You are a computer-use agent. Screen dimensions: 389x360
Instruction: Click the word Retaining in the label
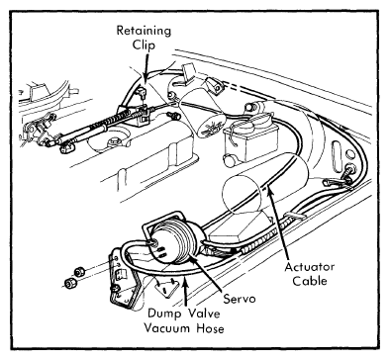(x=144, y=32)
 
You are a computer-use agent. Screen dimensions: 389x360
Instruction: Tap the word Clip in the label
(x=144, y=45)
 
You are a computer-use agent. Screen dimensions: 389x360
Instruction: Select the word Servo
(x=240, y=299)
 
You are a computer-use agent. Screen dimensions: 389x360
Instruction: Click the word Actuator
(x=310, y=267)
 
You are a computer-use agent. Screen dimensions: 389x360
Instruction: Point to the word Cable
(x=310, y=281)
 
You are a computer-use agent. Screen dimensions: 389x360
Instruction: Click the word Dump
(x=164, y=314)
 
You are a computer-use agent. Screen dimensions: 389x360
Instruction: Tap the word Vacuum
(x=166, y=328)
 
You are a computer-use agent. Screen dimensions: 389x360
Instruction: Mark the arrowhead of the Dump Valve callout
(x=186, y=282)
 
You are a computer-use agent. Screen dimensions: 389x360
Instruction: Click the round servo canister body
(x=174, y=241)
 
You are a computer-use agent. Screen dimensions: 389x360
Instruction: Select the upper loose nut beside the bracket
(x=79, y=272)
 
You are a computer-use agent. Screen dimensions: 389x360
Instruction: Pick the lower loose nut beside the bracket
(x=69, y=283)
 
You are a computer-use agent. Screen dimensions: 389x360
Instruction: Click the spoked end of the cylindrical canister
(x=210, y=126)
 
